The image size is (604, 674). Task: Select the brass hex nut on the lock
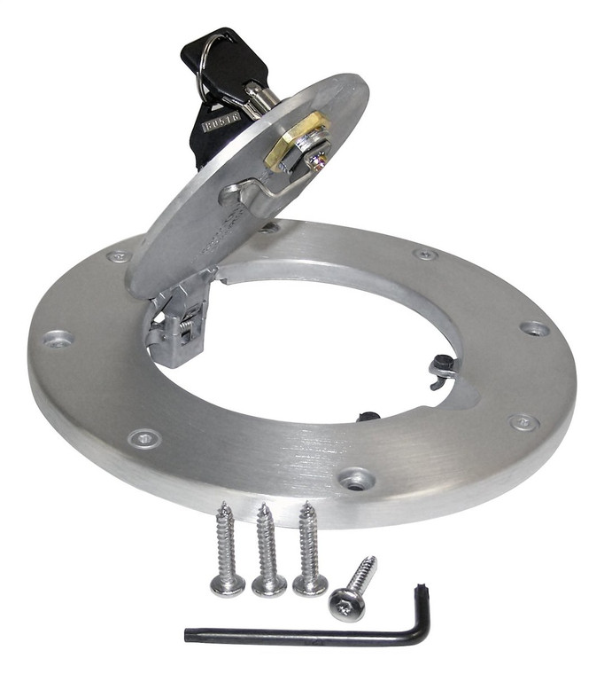tap(296, 142)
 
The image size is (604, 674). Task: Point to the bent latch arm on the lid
tap(266, 187)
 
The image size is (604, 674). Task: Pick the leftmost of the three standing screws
tap(227, 550)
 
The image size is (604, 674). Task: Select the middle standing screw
tap(268, 550)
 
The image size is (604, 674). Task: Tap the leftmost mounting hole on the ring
tap(58, 339)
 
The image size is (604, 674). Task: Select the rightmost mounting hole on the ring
tap(535, 328)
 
